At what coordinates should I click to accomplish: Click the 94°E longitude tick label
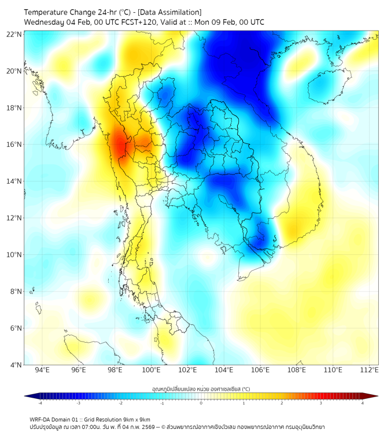pos(42,370)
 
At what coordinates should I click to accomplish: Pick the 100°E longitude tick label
pos(152,370)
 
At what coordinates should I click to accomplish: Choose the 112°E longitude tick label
pos(370,370)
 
